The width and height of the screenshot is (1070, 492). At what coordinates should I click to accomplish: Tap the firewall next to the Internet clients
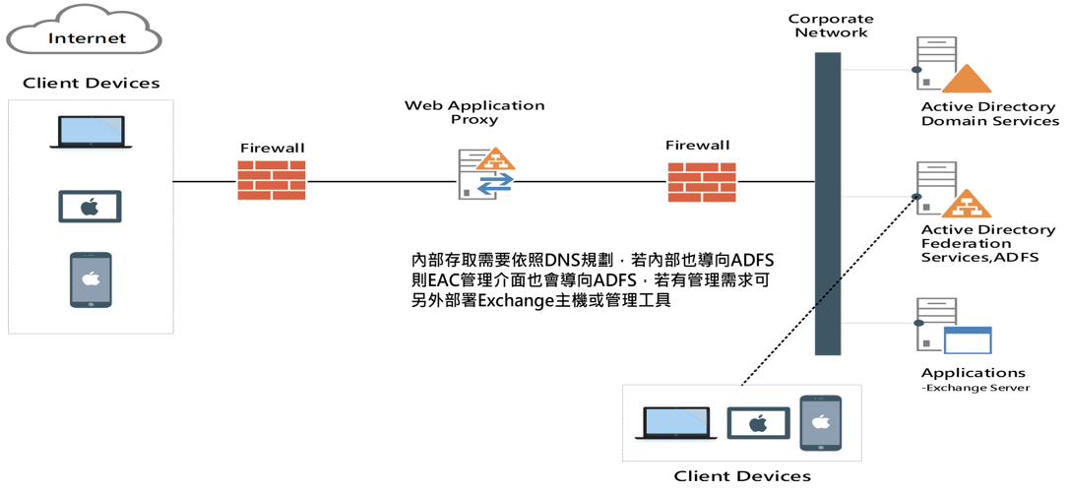pyautogui.click(x=272, y=181)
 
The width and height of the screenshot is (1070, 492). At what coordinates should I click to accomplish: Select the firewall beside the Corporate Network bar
pyautogui.click(x=702, y=182)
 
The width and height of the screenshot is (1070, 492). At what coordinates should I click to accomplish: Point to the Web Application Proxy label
pyautogui.click(x=473, y=112)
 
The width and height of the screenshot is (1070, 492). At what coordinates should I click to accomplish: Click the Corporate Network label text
pyautogui.click(x=831, y=26)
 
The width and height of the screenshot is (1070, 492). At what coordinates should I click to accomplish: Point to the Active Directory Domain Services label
pyautogui.click(x=988, y=114)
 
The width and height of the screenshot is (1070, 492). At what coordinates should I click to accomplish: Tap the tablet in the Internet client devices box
pyautogui.click(x=90, y=207)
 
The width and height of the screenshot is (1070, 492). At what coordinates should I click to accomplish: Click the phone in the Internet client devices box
pyautogui.click(x=91, y=280)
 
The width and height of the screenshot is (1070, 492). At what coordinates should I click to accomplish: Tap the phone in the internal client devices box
pyautogui.click(x=820, y=423)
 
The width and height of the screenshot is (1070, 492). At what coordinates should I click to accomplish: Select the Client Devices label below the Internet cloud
pyautogui.click(x=91, y=83)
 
